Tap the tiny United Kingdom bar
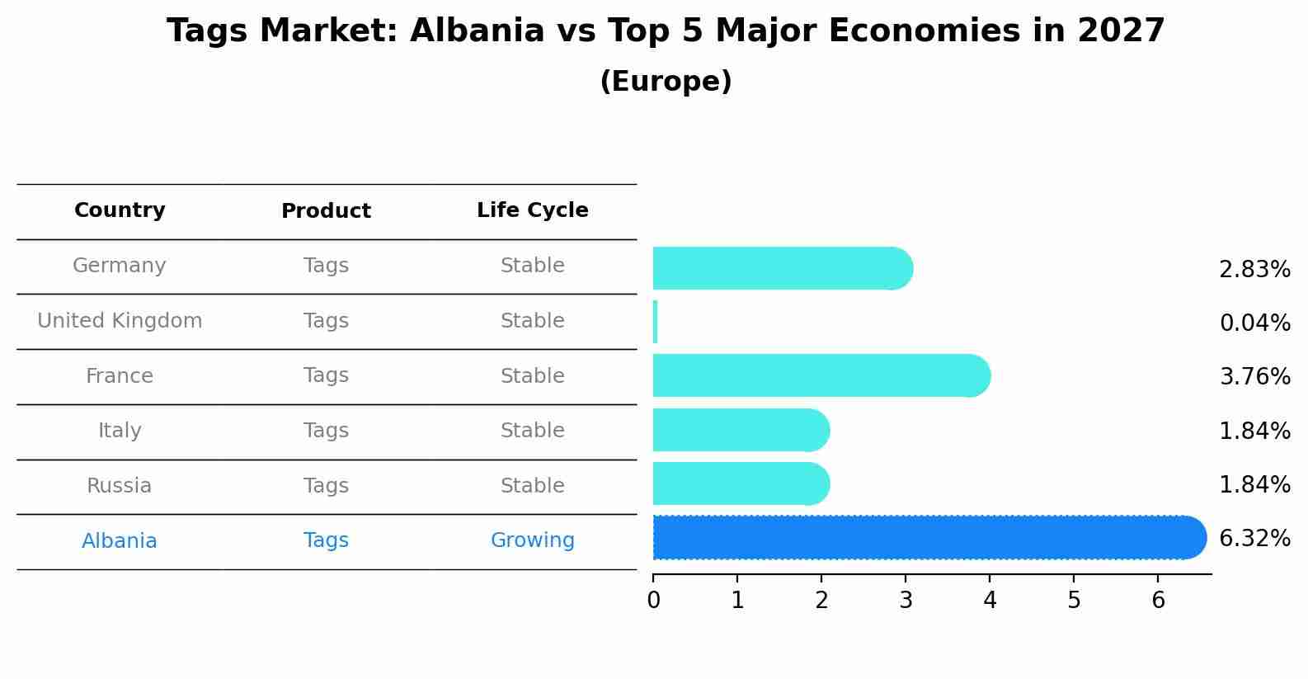655,322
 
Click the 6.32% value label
1254,539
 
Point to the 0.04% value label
1254,323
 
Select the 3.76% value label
1254,377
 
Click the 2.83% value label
1254,270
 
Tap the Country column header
120,210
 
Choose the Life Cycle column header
532,210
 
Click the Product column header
326,211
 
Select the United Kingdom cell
120,321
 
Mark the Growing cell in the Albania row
532,540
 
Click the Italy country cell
120,431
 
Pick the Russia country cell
120,486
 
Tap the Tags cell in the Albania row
326,540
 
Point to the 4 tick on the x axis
990,601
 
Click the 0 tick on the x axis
653,601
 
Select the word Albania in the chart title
477,31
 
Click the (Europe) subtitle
666,82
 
